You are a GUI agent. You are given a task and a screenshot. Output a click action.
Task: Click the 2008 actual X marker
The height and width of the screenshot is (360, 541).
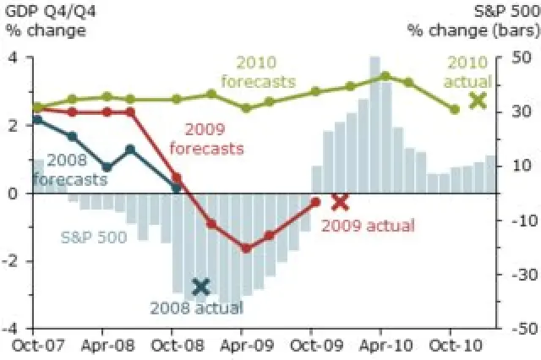coord(200,286)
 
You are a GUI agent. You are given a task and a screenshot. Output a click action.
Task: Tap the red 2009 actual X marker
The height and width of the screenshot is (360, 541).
coord(340,201)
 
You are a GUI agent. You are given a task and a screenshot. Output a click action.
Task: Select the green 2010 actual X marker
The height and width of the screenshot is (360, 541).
coord(478,100)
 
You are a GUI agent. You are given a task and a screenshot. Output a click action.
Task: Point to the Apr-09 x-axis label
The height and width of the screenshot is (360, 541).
coord(242,345)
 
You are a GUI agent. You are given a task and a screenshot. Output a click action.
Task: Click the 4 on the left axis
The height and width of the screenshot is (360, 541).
coord(13,57)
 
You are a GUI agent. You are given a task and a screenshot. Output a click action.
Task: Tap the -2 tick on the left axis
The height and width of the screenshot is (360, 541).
coord(10,261)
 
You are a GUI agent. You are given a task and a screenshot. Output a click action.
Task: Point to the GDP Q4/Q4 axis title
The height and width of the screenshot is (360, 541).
coord(45,21)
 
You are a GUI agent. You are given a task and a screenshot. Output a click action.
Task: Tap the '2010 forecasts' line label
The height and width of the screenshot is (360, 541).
coord(258,73)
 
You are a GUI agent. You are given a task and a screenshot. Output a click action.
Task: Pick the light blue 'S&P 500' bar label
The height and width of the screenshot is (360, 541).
coord(94,237)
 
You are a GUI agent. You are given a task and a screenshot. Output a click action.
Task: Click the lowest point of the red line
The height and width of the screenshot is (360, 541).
coord(246,248)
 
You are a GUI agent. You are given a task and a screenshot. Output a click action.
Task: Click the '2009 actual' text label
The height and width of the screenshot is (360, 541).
coord(369,226)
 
